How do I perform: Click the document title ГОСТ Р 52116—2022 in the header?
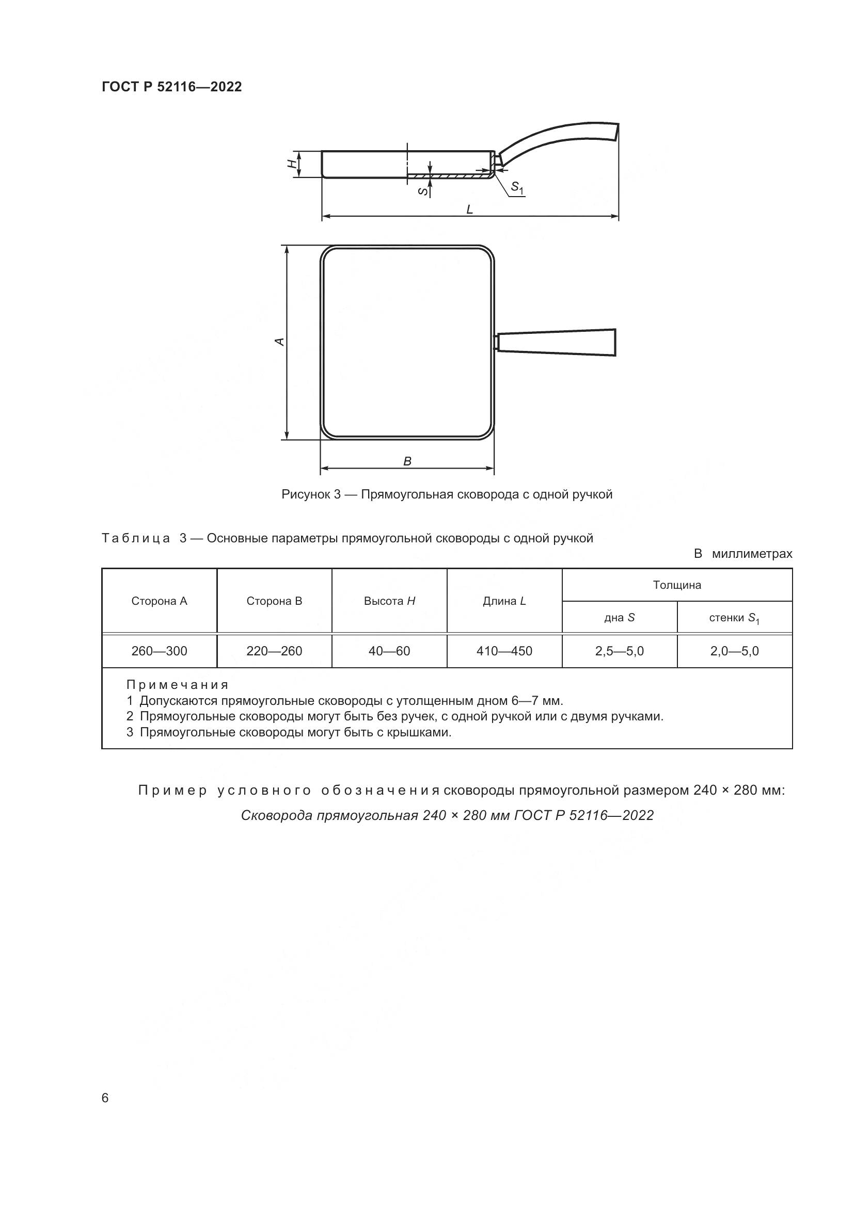pyautogui.click(x=171, y=87)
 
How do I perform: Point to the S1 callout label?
pyautogui.click(x=517, y=188)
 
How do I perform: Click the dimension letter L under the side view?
pyautogui.click(x=469, y=210)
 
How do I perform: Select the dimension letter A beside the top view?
pyautogui.click(x=281, y=342)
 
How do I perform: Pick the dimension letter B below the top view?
pyautogui.click(x=407, y=461)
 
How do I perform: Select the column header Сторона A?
pyautogui.click(x=160, y=601)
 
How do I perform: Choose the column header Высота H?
pyautogui.click(x=389, y=601)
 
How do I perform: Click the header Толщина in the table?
pyautogui.click(x=677, y=585)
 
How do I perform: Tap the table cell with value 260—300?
pyautogui.click(x=160, y=651)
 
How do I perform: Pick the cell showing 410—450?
pyautogui.click(x=504, y=651)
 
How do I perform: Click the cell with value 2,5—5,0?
pyautogui.click(x=620, y=651)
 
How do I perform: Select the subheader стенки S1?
pyautogui.click(x=734, y=618)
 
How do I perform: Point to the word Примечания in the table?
pyautogui.click(x=178, y=685)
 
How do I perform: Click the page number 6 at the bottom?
pyautogui.click(x=105, y=1098)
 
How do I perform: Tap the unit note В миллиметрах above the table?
pyautogui.click(x=742, y=554)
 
